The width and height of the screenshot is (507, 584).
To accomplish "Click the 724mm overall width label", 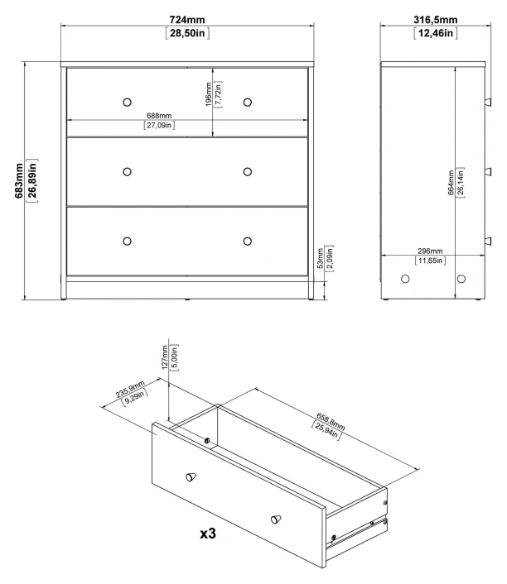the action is [187, 19].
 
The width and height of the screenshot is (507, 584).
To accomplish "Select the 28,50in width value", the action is [187, 33].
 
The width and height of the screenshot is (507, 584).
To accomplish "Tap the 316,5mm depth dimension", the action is [436, 19].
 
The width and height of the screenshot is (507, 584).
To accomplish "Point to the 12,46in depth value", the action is [436, 33].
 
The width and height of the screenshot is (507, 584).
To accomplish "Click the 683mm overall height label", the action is [19, 180].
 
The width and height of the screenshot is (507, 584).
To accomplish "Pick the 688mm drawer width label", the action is [159, 116].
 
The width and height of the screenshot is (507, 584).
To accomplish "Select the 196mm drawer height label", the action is [209, 94].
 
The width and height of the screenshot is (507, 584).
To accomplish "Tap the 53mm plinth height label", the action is [320, 258].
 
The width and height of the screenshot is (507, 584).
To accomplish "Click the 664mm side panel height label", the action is [451, 183].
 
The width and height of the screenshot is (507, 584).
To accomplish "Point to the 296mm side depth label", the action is [430, 251].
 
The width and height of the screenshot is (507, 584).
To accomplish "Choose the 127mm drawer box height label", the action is [165, 357].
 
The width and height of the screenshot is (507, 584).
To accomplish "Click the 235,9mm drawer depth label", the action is [129, 389].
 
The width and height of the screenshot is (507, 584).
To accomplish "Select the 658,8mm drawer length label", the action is [331, 421].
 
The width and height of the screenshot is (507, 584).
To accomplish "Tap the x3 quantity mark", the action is [208, 534].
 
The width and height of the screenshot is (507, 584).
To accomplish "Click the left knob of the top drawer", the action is [128, 102].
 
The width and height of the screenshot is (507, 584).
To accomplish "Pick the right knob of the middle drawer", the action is [248, 172].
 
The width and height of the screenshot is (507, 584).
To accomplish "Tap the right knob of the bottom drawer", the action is [248, 242].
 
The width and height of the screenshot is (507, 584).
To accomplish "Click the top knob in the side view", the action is [488, 102].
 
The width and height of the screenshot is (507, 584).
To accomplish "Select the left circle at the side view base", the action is [405, 279].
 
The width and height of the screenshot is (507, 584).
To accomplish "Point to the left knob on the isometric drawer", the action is [191, 476].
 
